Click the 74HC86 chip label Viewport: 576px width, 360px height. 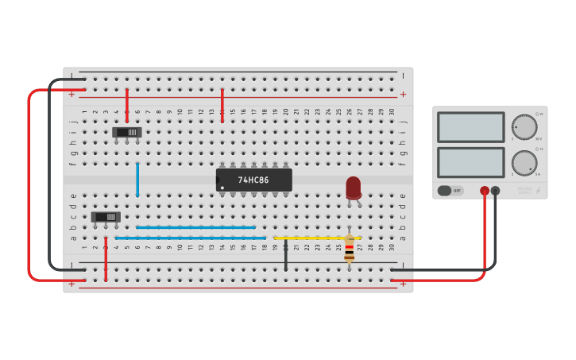(253, 180)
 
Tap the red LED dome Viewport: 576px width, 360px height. (353, 188)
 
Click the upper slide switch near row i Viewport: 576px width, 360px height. (127, 132)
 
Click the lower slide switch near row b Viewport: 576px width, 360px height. (106, 217)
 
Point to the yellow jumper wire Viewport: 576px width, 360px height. (317, 237)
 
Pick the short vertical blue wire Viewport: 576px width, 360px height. (137, 179)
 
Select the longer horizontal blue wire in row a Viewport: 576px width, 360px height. (191, 238)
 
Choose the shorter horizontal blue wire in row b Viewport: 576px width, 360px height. (196, 227)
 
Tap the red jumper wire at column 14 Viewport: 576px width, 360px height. (222, 105)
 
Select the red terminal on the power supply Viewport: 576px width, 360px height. (484, 191)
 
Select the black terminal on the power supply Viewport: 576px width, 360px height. (495, 191)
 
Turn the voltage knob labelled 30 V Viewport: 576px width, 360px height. (524, 126)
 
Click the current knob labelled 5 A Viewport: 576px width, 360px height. (524, 163)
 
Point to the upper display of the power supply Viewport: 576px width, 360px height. (470, 127)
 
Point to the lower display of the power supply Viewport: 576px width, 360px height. (470, 163)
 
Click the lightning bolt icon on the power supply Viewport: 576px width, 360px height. (539, 191)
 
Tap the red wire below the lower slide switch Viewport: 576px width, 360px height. (106, 259)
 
